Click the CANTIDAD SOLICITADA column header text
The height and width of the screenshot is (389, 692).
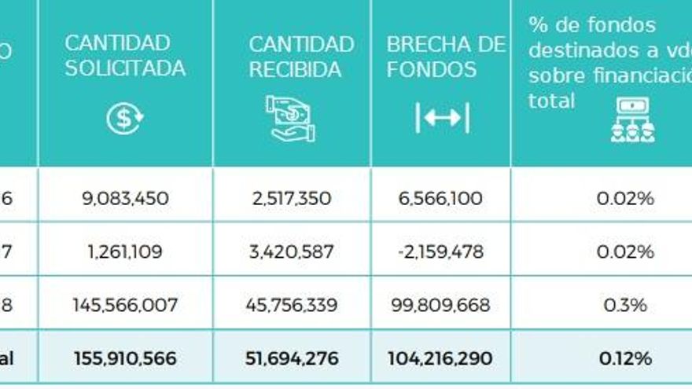125,56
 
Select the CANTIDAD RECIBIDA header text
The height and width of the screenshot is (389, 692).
301,57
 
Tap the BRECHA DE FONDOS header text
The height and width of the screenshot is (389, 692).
445,57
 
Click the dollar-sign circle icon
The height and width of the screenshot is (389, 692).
125,119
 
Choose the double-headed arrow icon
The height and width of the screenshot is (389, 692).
442,118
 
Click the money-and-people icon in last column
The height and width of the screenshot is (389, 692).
633,120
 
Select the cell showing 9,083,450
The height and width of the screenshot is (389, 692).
126,198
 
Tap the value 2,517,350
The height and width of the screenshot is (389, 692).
292,198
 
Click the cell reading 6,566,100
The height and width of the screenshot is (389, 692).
440,198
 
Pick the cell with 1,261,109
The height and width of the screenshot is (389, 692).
126,252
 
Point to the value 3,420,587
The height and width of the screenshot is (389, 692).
292,252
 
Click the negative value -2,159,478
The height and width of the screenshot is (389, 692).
440,252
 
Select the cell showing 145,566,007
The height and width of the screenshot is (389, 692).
126,305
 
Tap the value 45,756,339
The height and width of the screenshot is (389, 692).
292,305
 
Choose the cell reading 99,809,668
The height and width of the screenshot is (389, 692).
440,305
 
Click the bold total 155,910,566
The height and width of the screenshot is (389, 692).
126,358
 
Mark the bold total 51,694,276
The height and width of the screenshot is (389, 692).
292,358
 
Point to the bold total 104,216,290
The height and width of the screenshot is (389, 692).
440,358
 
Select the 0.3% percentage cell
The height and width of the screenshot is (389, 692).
625,305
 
